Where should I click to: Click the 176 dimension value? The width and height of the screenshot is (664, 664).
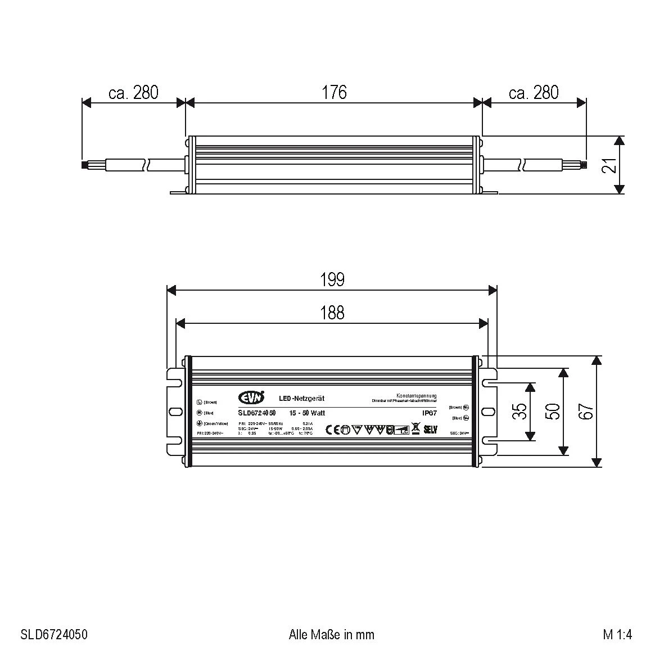[334, 92]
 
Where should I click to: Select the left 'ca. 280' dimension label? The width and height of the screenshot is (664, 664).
[133, 92]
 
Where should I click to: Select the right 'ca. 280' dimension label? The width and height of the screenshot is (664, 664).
[534, 92]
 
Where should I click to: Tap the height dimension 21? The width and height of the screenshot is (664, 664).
[609, 165]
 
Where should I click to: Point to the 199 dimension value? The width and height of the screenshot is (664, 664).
[332, 279]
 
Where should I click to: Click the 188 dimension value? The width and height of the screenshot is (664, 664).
[332, 313]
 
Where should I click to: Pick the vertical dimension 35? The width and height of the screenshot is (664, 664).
[520, 412]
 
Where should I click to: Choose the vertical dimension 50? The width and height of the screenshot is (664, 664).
[553, 412]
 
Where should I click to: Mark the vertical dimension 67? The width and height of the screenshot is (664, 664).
[586, 412]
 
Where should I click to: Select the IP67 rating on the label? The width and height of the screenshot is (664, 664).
[430, 413]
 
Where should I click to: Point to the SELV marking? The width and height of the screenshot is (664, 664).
[430, 430]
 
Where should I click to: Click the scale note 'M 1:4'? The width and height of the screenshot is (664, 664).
[617, 635]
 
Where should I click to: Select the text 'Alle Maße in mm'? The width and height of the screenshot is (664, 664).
[331, 635]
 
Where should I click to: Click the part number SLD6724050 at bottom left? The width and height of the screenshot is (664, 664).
[54, 635]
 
